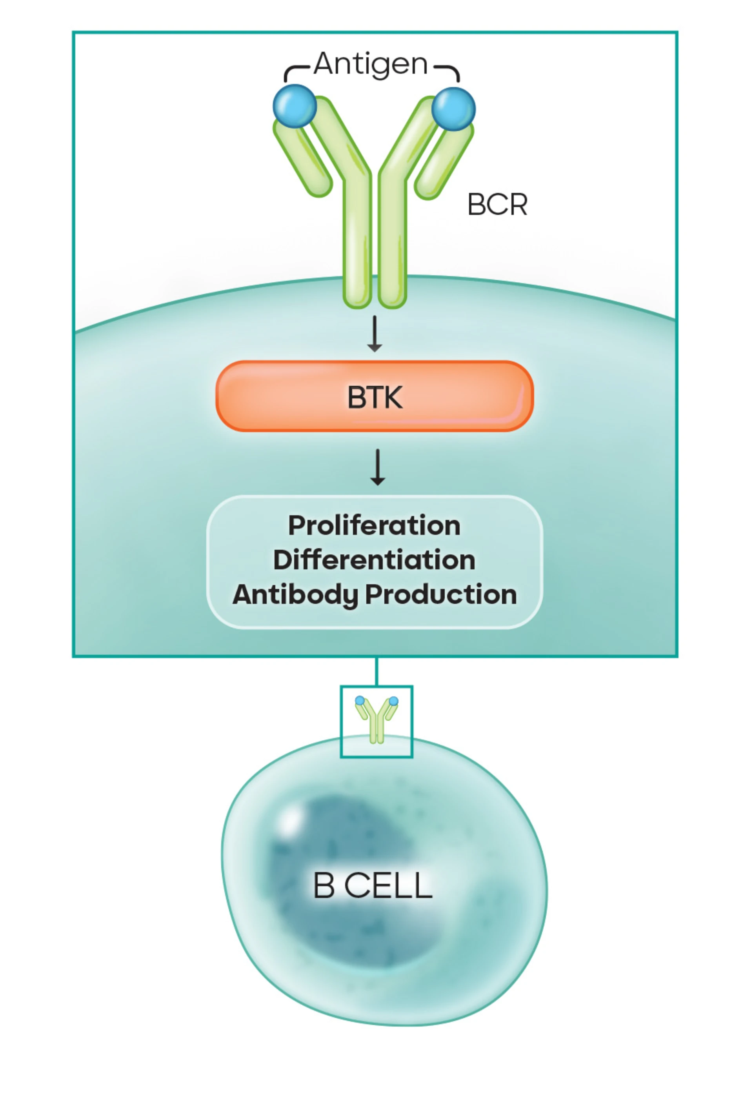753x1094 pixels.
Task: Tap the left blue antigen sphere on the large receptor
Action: [295, 106]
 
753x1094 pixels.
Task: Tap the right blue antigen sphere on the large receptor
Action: [453, 109]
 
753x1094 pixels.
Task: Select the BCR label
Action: [497, 205]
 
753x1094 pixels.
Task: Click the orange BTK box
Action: [375, 396]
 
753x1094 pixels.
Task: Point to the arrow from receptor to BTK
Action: [375, 334]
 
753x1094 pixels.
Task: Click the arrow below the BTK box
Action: [377, 467]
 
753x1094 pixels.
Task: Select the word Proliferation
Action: [374, 525]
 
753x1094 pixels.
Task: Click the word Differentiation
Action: [374, 560]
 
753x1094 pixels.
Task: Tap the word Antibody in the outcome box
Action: [295, 594]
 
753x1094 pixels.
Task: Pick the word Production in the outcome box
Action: [441, 594]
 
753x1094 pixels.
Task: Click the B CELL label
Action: [373, 885]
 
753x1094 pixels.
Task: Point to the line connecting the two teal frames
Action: [376, 671]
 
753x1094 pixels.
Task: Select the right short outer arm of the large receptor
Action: [444, 163]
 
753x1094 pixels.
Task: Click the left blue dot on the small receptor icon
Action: [360, 701]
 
